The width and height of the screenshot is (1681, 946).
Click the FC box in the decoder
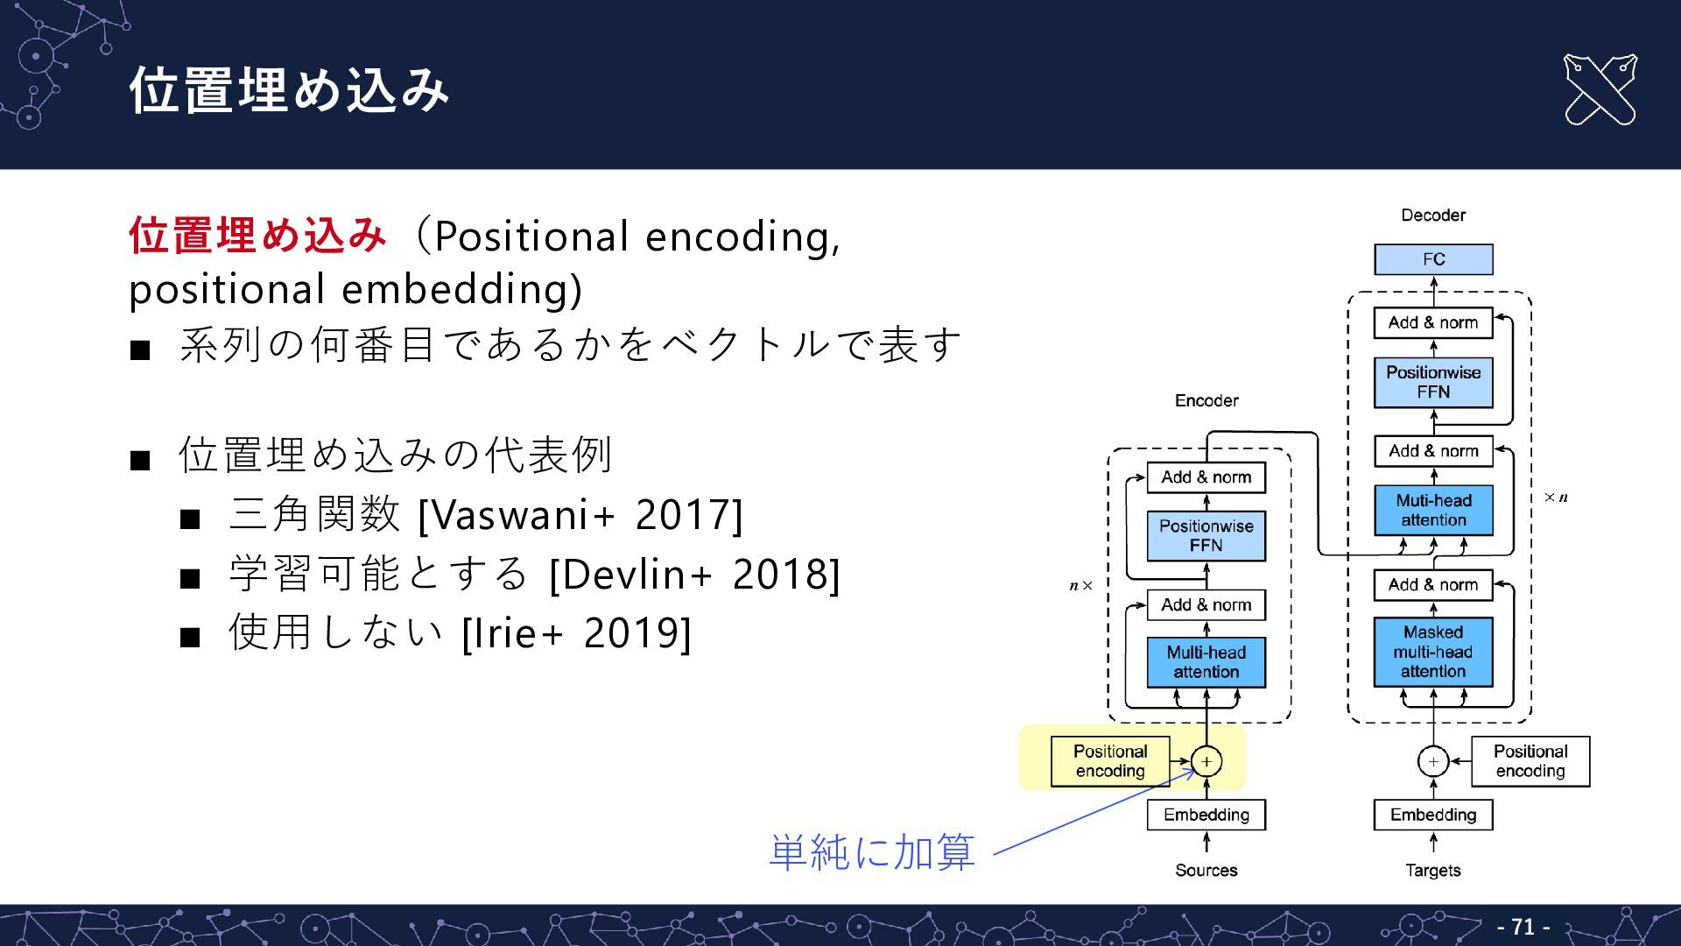coord(1433,259)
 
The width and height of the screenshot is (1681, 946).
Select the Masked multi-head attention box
coord(1433,652)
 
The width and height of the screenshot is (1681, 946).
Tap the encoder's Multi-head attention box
coord(1206,662)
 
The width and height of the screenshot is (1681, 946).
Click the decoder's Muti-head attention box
coord(1433,510)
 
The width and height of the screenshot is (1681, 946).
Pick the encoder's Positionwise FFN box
coord(1206,535)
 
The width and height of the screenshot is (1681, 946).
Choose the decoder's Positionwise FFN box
coord(1433,382)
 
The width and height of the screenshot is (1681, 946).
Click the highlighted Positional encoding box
coord(1109,761)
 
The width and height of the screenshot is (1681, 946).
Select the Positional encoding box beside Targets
coord(1530,761)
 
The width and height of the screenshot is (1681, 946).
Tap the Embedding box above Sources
coord(1206,815)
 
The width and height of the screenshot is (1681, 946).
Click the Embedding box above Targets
coord(1433,815)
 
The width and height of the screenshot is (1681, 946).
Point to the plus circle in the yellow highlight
coord(1206,761)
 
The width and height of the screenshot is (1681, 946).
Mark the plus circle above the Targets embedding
coord(1433,761)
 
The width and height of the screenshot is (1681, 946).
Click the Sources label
coord(1206,870)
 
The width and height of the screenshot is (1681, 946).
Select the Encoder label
coord(1206,400)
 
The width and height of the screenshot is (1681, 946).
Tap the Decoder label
coord(1433,215)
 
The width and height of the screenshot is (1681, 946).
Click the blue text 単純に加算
coord(872,851)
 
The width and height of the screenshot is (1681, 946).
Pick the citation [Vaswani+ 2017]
coord(580,515)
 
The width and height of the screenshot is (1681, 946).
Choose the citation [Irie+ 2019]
coord(576,632)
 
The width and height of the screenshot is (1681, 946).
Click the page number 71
coord(1523,926)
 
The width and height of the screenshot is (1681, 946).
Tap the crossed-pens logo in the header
coord(1600,89)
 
